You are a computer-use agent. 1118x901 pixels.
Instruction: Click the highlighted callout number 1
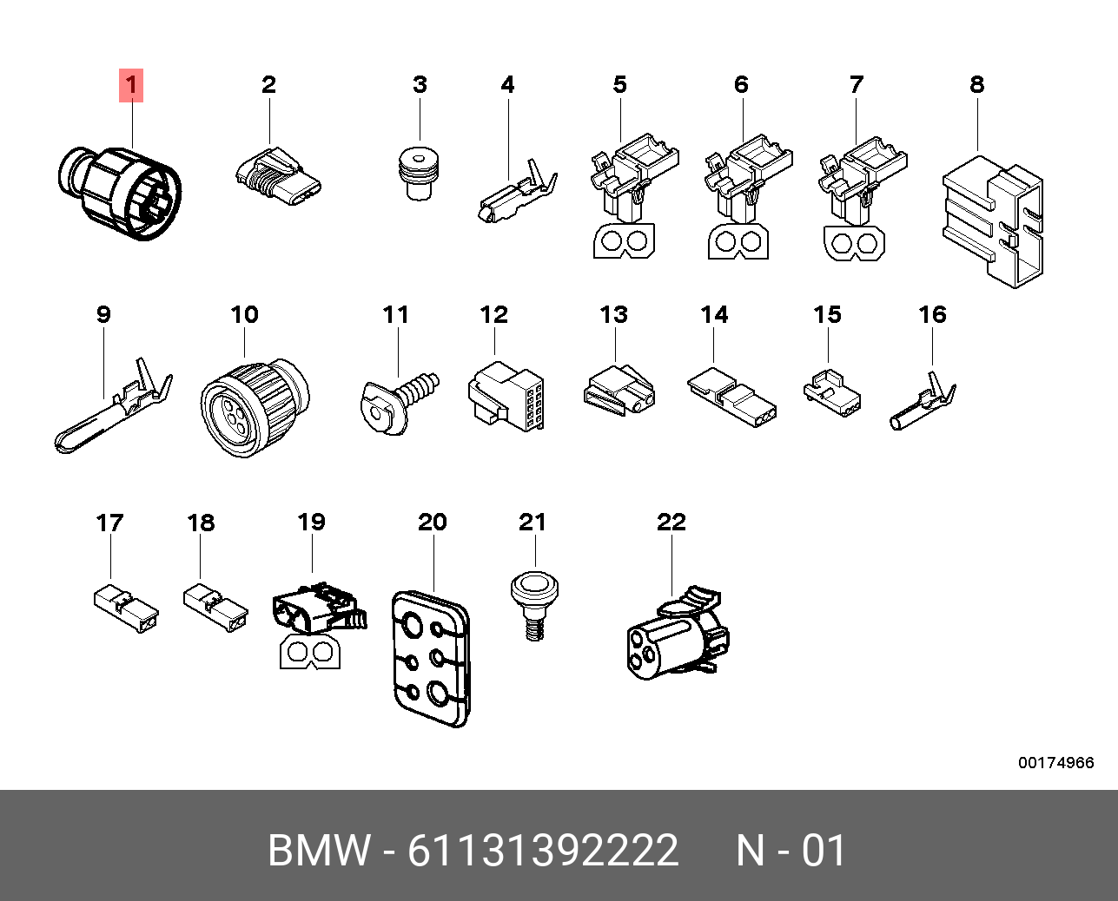point(131,85)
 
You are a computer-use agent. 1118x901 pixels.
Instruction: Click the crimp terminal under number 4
point(517,192)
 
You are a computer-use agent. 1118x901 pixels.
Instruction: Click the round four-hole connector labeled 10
point(255,407)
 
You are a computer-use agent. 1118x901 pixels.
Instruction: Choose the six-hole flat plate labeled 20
point(431,659)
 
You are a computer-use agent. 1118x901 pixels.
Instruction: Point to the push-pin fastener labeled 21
point(534,606)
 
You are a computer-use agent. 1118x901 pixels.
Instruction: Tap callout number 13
point(613,315)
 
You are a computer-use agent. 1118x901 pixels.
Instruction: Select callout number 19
point(311,522)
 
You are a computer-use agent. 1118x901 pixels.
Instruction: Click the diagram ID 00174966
point(1056,763)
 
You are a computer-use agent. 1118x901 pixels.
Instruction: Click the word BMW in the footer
point(320,850)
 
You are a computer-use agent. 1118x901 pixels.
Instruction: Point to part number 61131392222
point(543,850)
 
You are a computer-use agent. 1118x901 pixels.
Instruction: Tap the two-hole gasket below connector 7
point(854,243)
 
